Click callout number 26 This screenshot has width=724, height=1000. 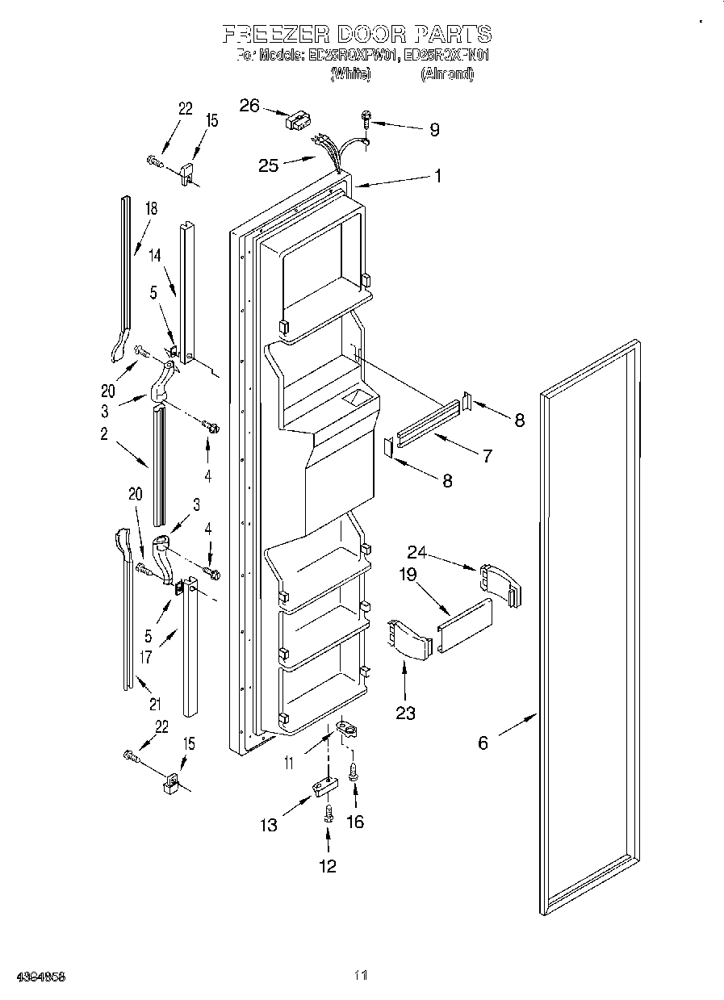(250, 105)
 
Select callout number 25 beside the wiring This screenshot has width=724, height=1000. (268, 165)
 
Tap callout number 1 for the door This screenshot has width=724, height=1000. (437, 175)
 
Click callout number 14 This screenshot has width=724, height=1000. (155, 255)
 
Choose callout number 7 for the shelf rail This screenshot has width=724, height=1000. (487, 455)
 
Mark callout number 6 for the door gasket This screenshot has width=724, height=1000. (483, 743)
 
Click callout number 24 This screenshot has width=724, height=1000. (416, 552)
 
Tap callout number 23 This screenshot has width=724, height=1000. (405, 713)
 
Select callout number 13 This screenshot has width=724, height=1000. (268, 825)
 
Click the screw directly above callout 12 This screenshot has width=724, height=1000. (328, 814)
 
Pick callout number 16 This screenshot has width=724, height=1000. (354, 822)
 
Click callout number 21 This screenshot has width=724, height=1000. (154, 703)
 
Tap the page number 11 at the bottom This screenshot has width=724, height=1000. (361, 976)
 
